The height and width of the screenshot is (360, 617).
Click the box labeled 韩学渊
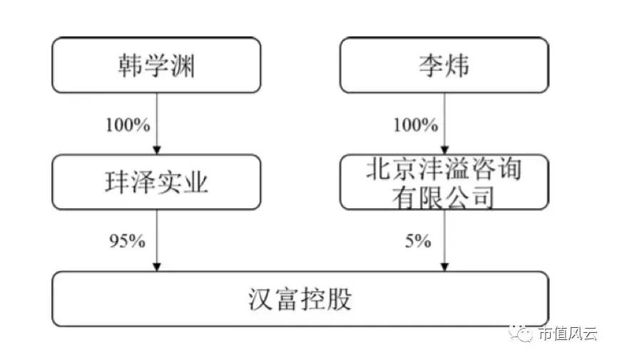(x=156, y=66)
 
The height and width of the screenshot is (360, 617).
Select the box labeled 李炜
(x=444, y=66)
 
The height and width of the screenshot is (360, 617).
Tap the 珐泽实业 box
(x=156, y=183)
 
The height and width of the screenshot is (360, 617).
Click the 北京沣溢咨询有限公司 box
(x=444, y=183)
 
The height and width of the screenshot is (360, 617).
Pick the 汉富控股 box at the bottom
(x=300, y=299)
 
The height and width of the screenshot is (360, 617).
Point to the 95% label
(x=126, y=241)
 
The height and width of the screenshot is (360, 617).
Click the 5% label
(x=418, y=241)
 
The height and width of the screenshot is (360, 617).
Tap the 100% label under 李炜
(x=415, y=125)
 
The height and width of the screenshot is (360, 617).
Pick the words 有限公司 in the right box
(x=444, y=196)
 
